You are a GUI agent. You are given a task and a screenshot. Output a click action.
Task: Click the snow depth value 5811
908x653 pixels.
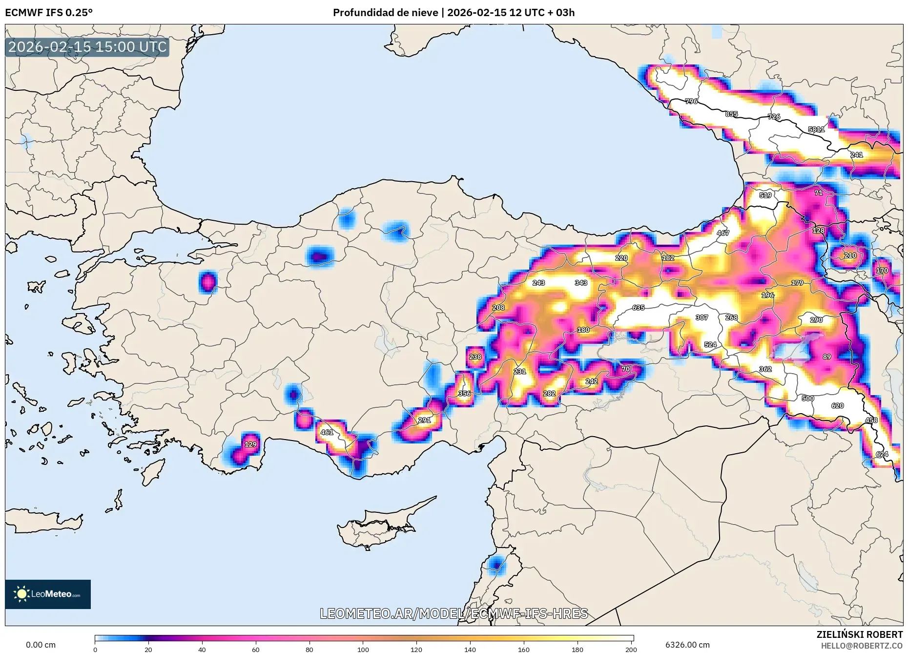[x=816, y=129]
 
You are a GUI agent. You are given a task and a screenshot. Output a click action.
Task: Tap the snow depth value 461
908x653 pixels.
[x=327, y=432]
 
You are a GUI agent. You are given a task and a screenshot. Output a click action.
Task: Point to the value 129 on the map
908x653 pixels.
[x=250, y=444]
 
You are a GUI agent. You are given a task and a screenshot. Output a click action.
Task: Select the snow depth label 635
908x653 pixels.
[x=638, y=308]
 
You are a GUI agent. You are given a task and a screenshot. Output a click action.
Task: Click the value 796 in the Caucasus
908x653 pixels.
[x=691, y=102]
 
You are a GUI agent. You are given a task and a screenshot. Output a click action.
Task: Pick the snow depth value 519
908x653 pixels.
[x=765, y=195]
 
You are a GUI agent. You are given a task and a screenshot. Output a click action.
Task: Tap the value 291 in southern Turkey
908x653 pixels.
[x=424, y=420]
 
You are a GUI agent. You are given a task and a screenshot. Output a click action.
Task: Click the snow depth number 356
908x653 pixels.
[x=464, y=394]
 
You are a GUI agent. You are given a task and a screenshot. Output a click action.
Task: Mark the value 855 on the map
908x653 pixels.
[x=731, y=114]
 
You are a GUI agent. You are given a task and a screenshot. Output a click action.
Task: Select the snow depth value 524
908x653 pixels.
[x=710, y=345]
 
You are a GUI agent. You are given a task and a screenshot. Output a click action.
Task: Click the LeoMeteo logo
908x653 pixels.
[x=48, y=594]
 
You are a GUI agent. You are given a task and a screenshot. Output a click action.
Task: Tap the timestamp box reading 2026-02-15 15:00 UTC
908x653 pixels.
[x=87, y=47]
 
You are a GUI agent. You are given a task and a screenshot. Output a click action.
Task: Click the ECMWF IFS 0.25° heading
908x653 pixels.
[x=49, y=13]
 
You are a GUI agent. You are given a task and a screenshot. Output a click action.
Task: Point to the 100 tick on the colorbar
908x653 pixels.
[x=363, y=650]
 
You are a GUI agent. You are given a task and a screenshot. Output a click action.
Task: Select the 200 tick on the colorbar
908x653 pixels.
[x=631, y=650]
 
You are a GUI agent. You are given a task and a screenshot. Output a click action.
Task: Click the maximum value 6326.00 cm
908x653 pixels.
[x=687, y=645]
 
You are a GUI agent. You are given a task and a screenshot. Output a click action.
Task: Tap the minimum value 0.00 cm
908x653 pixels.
[x=41, y=645]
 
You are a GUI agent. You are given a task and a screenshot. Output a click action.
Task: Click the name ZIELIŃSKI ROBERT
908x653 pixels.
[x=859, y=634]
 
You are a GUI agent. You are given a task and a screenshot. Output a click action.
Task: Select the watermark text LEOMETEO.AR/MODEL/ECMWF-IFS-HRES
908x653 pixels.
[x=454, y=613]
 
